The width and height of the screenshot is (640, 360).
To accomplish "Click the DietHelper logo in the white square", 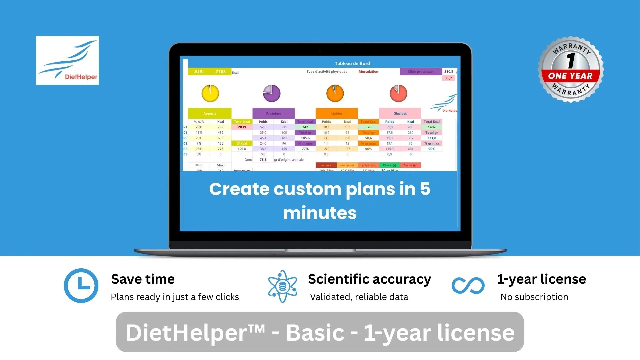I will click(67, 60).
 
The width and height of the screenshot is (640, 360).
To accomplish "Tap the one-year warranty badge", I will click(571, 69).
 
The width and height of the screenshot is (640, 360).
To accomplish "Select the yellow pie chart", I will click(210, 93).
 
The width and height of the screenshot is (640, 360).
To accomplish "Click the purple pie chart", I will click(271, 93).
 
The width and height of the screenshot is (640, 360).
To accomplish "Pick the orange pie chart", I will click(335, 93).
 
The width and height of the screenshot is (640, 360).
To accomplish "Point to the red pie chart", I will click(398, 93).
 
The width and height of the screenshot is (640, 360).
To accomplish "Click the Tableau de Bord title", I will click(352, 63).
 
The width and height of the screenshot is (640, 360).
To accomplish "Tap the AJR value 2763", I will click(220, 72).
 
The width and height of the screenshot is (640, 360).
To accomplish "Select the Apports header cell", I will click(209, 113).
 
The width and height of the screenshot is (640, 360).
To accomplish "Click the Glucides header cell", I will click(400, 113).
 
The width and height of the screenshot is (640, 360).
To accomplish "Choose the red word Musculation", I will click(368, 72).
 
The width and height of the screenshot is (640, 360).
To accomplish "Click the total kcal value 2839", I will click(242, 127).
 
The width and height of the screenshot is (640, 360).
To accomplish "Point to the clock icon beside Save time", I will click(81, 286).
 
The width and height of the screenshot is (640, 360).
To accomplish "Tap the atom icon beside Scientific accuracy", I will click(282, 286).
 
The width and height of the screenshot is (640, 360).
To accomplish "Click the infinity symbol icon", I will click(468, 286).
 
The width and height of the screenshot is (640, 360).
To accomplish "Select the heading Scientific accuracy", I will click(369, 279).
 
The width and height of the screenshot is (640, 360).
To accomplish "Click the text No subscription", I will click(534, 297).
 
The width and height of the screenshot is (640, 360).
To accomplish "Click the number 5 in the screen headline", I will click(425, 189).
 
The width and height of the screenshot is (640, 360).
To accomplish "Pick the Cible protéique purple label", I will click(421, 72).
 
